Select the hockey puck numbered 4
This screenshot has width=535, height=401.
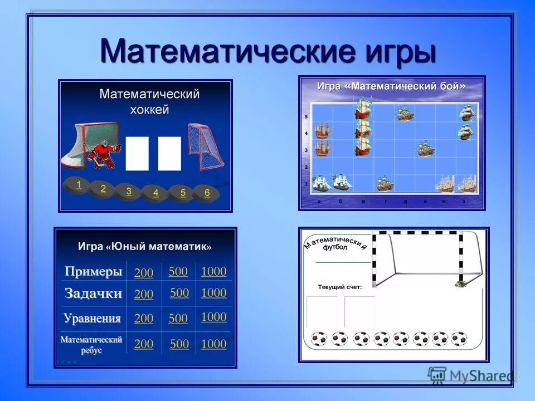(155, 193)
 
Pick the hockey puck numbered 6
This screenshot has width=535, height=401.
(207, 193)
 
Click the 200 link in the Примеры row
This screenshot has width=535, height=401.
(144, 273)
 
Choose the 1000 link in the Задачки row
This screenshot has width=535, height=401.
(213, 293)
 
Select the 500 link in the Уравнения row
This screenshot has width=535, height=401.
(178, 319)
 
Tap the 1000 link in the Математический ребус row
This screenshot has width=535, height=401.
(213, 344)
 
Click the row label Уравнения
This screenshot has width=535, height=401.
(92, 319)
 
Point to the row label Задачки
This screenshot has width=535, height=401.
(93, 294)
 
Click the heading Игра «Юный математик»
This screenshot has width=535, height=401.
(145, 246)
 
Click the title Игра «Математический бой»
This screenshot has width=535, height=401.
(391, 86)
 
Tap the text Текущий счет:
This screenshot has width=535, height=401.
(339, 287)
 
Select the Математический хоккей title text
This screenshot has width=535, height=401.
(149, 101)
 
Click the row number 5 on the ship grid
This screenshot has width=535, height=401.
(306, 116)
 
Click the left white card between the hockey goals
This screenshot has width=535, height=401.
(137, 153)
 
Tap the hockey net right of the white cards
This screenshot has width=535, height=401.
(205, 146)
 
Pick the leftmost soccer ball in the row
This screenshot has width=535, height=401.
(319, 339)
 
